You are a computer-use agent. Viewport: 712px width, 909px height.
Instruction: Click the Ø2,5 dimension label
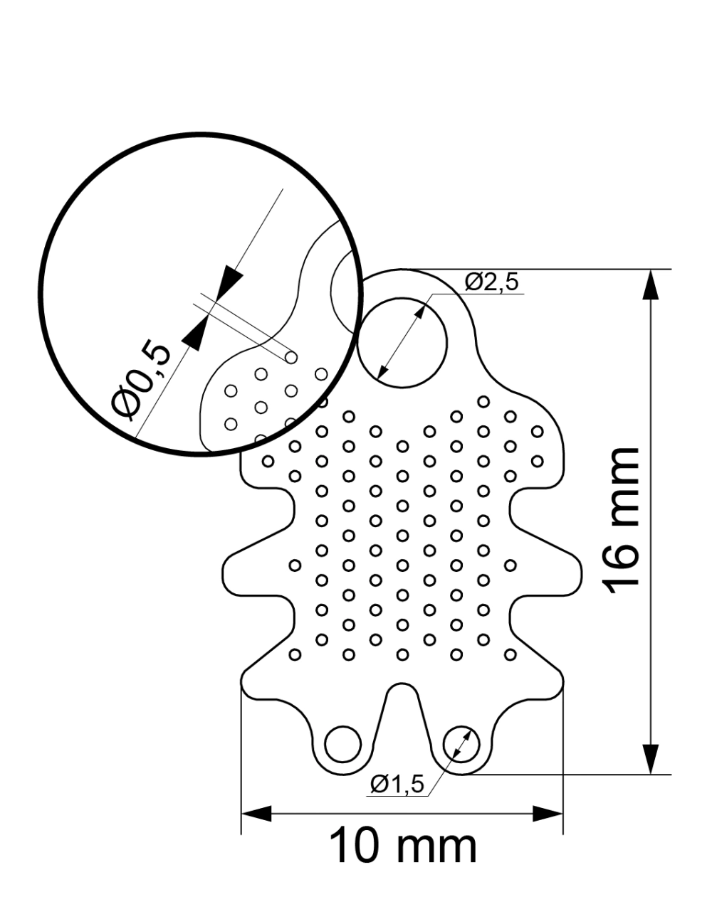point(491,282)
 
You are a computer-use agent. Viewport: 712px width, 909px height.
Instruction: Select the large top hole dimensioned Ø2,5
point(402,343)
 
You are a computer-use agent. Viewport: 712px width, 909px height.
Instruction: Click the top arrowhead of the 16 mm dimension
point(650,285)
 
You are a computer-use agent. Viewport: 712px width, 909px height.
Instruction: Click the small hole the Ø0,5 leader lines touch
point(290,358)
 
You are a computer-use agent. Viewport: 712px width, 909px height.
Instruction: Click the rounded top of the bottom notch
point(402,684)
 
